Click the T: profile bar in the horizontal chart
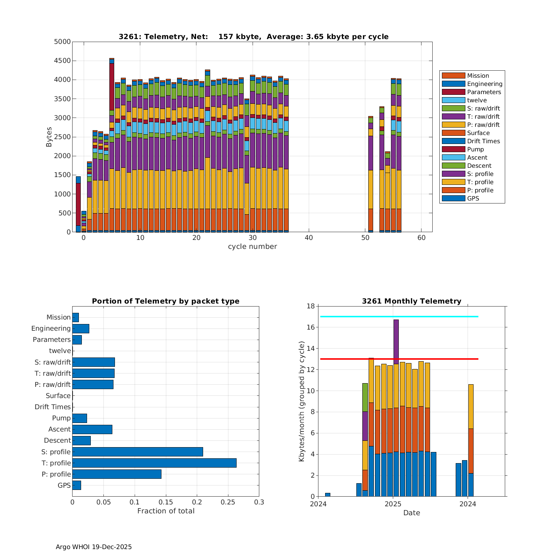point(154,463)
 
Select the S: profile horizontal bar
point(138,452)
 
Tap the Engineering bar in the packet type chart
point(81,328)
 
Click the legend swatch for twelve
point(453,100)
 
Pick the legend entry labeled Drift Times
point(483,141)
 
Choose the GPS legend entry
point(473,198)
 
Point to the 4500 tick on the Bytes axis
point(62,61)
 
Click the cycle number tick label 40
point(308,238)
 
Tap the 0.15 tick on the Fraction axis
point(166,502)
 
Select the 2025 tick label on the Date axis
point(393,504)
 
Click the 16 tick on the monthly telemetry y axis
point(310,327)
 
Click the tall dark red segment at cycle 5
point(112,86)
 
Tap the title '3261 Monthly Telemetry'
point(411,301)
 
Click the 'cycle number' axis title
point(252,246)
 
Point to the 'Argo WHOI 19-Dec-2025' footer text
point(94,547)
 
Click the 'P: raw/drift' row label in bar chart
point(52,385)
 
